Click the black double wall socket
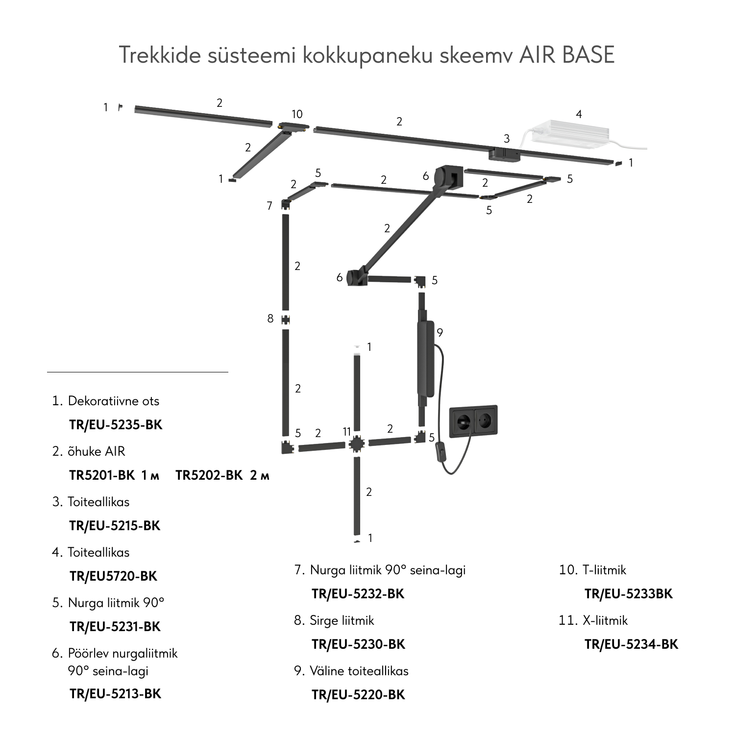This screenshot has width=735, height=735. pyautogui.click(x=473, y=420)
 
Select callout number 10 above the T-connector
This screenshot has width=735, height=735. pyautogui.click(x=297, y=114)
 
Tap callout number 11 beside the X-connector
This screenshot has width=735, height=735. pyautogui.click(x=347, y=432)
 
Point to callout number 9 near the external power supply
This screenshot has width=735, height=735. pyautogui.click(x=440, y=333)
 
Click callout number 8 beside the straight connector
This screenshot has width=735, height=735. pyautogui.click(x=270, y=318)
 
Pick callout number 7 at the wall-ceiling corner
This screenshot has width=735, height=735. pyautogui.click(x=269, y=206)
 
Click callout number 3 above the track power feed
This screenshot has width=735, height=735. pyautogui.click(x=507, y=139)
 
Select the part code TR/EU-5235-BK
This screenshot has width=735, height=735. pyautogui.click(x=116, y=425)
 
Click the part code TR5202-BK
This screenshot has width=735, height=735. pyautogui.click(x=209, y=475)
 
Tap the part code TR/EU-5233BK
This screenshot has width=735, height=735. pyautogui.click(x=629, y=594)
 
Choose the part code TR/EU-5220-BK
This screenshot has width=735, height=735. pyautogui.click(x=358, y=695)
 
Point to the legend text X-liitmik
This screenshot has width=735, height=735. pyautogui.click(x=605, y=620)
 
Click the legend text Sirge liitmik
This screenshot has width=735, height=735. pyautogui.click(x=342, y=620)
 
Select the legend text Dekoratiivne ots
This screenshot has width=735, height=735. pyautogui.click(x=114, y=401)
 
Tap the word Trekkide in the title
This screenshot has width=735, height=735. pyautogui.click(x=160, y=55)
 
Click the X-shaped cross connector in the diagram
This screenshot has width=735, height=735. pyautogui.click(x=357, y=444)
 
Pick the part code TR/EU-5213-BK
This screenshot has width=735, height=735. pyautogui.click(x=115, y=694)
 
